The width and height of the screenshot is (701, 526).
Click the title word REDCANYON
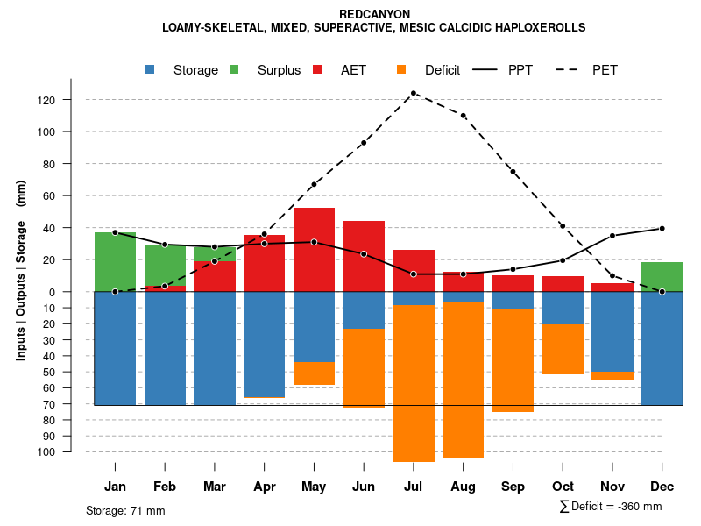(x=374, y=14)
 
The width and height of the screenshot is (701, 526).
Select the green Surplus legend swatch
(x=234, y=69)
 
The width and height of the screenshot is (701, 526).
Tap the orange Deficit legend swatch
(x=401, y=69)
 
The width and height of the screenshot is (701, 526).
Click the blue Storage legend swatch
(x=151, y=69)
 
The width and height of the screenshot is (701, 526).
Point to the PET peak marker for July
(x=413, y=93)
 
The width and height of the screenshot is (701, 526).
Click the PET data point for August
(x=463, y=116)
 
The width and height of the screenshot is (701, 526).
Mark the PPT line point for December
(x=662, y=228)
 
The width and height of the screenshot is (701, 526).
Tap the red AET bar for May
(x=314, y=250)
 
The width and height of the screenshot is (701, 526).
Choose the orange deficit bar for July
(x=413, y=383)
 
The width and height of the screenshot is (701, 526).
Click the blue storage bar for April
(x=264, y=345)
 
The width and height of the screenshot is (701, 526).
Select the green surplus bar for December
(x=662, y=276)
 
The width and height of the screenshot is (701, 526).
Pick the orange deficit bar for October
(x=563, y=349)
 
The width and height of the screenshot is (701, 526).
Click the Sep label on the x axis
(x=513, y=487)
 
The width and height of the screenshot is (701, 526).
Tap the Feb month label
(x=165, y=487)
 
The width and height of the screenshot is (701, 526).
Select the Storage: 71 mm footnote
(x=125, y=510)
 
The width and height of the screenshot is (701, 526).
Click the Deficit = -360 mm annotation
(x=610, y=507)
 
